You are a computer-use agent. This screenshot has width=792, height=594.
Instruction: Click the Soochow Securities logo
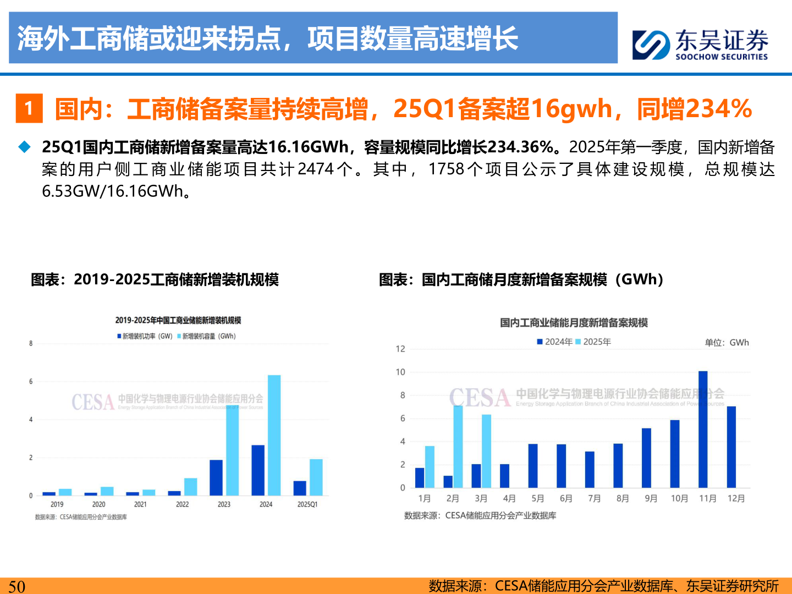[700, 44]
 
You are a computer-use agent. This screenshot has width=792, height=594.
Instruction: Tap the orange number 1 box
[29, 108]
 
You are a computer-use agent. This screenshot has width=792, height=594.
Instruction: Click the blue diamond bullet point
[24, 147]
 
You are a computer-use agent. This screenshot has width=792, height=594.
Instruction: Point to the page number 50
[16, 586]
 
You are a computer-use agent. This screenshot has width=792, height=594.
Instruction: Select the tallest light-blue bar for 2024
[274, 435]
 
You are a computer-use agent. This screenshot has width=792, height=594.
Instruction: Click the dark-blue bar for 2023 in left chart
[216, 477]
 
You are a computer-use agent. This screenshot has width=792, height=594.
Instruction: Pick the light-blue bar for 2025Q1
[316, 477]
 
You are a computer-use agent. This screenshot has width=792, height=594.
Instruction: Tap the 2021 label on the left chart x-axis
[140, 504]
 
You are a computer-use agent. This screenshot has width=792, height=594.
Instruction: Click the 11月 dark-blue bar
[703, 429]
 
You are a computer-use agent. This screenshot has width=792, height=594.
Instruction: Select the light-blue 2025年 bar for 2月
[458, 446]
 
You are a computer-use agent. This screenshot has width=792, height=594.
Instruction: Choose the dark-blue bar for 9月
[646, 458]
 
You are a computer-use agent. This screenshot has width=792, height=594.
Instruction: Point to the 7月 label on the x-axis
[594, 498]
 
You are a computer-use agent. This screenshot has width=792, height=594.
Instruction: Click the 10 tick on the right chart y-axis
[400, 372]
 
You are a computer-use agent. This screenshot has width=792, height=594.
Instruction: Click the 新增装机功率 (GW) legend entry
[145, 336]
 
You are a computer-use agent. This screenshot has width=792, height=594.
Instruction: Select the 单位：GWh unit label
[727, 342]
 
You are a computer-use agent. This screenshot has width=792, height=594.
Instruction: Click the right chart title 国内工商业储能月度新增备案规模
[574, 322]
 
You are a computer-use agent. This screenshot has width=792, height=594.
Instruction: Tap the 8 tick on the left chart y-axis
[31, 343]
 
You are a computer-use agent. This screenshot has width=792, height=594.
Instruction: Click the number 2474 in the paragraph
[315, 169]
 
